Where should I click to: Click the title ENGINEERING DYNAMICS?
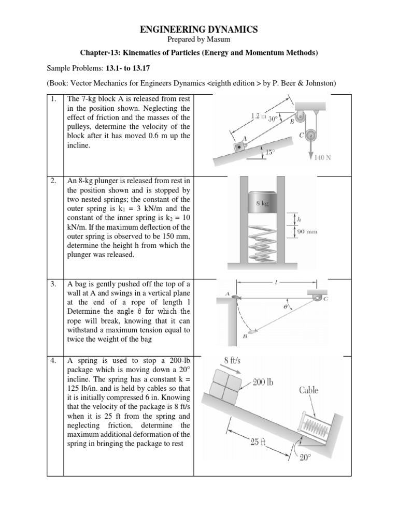(199, 31)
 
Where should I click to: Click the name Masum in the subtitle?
(218, 40)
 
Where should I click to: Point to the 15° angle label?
(269, 152)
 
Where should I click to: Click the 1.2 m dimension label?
(258, 117)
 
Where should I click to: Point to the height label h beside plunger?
(298, 218)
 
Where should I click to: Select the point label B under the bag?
(245, 336)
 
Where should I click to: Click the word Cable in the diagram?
(309, 390)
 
